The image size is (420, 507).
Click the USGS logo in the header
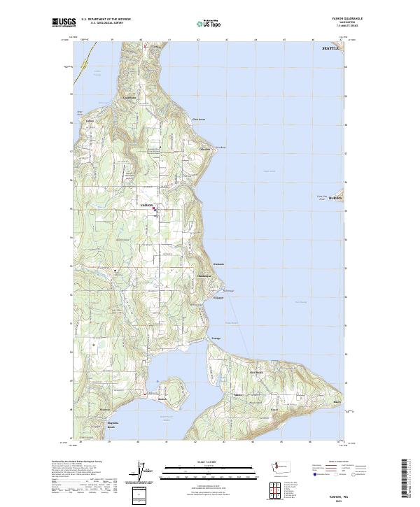pyautogui.click(x=64, y=22)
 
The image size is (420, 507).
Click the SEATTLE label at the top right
pyautogui.click(x=329, y=49)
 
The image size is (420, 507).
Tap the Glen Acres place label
pyautogui.click(x=199, y=119)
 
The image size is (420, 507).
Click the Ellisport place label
pyautogui.click(x=218, y=299)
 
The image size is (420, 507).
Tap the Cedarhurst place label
pyautogui.click(x=129, y=97)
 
